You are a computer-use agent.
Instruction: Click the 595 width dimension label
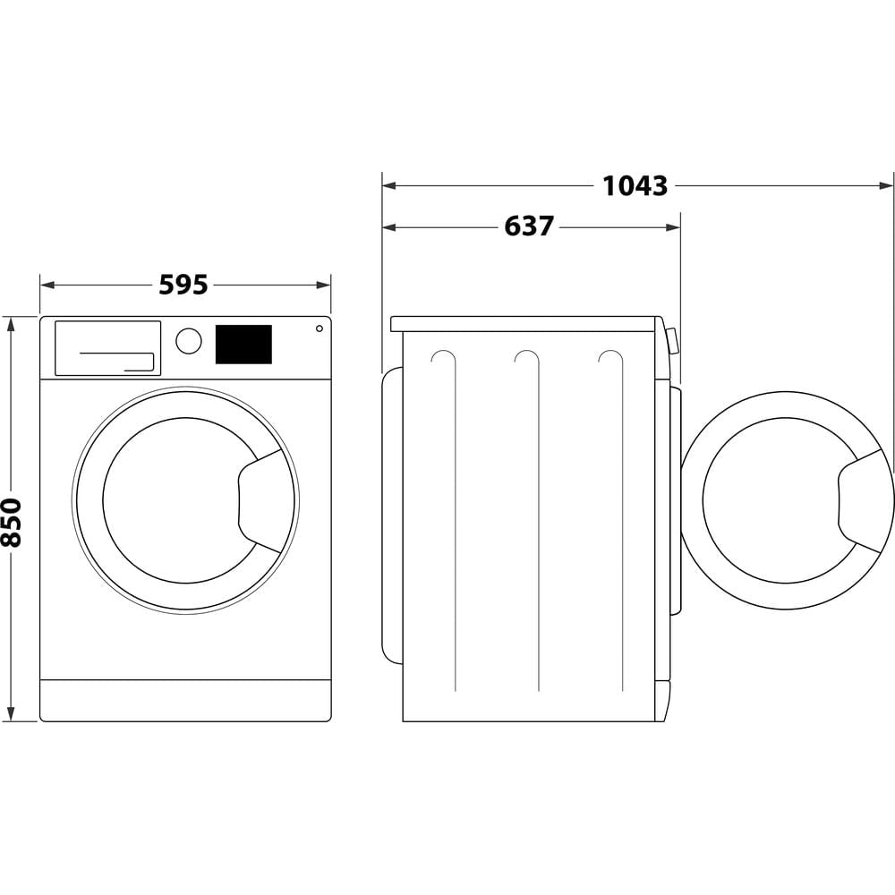pyautogui.click(x=183, y=285)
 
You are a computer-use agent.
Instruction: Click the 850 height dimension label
pyautogui.click(x=12, y=522)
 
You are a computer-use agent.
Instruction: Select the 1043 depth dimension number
pyautogui.click(x=635, y=186)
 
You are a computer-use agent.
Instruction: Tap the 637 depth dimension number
pyautogui.click(x=529, y=226)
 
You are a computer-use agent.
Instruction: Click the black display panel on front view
pyautogui.click(x=243, y=345)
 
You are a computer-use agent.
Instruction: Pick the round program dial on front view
pyautogui.click(x=189, y=341)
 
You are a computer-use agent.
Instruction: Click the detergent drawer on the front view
pyautogui.click(x=107, y=347)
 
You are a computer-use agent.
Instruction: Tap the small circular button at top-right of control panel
pyautogui.click(x=319, y=328)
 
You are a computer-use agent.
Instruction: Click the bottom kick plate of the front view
pyautogui.click(x=185, y=700)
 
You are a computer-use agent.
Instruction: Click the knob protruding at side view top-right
pyautogui.click(x=672, y=340)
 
